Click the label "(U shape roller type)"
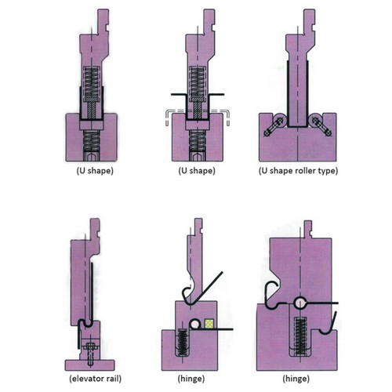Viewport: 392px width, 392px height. (x=298, y=171)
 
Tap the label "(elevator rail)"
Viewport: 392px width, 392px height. (x=95, y=379)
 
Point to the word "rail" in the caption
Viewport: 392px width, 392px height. (x=113, y=379)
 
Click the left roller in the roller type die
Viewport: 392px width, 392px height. (x=280, y=120)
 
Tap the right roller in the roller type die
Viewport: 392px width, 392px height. (x=315, y=120)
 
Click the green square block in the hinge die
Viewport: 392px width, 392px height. (x=209, y=324)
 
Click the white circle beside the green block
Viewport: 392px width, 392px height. (x=194, y=324)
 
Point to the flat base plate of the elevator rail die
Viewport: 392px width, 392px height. (x=89, y=365)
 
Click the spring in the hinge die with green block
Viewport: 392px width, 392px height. (x=182, y=343)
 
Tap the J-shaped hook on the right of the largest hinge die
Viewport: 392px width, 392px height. (x=328, y=324)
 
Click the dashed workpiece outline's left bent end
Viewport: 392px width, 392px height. (x=167, y=117)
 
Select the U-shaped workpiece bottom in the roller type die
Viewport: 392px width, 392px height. (x=298, y=126)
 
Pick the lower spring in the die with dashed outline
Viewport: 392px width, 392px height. (x=198, y=140)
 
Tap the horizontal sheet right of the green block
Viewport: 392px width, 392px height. (x=223, y=329)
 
